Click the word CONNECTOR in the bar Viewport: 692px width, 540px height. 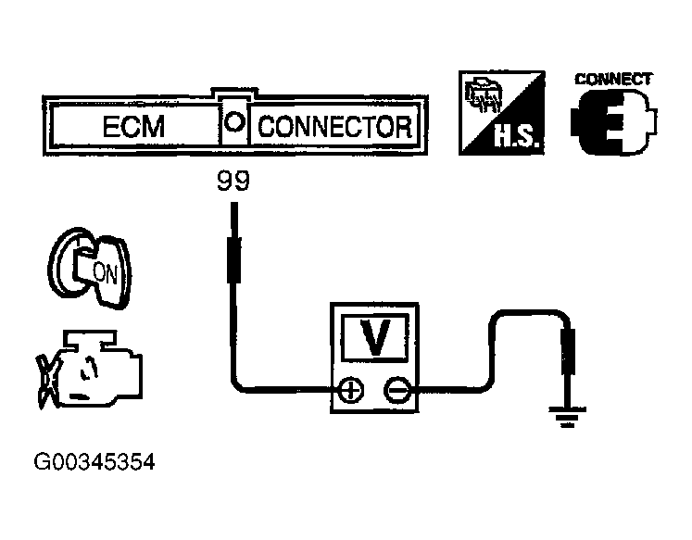(334, 126)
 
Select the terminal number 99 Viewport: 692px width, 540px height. (233, 182)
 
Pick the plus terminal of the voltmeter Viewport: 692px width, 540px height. (351, 391)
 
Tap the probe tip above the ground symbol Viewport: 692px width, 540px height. (570, 352)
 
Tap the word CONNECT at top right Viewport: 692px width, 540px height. (614, 79)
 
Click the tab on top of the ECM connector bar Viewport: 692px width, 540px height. (234, 94)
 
